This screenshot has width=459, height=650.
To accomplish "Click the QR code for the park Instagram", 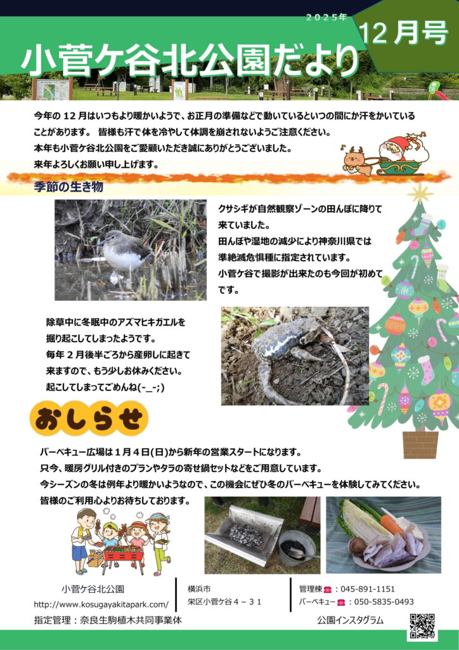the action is click(x=422, y=626).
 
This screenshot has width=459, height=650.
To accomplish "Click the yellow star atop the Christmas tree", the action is click(x=420, y=194).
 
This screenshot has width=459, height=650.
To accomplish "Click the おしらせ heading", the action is click(x=89, y=420).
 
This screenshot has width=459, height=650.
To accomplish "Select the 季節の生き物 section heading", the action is click(x=68, y=187).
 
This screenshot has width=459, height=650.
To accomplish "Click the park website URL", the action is click(x=101, y=604).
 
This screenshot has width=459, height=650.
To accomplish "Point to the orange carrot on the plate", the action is click(x=391, y=524).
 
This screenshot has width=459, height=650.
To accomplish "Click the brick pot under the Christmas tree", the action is click(x=420, y=444).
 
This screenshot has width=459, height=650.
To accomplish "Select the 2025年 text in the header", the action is click(x=326, y=17).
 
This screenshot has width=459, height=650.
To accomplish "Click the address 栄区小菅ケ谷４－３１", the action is click(x=224, y=602).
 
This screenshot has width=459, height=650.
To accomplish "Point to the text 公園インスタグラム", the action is click(x=350, y=621).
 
